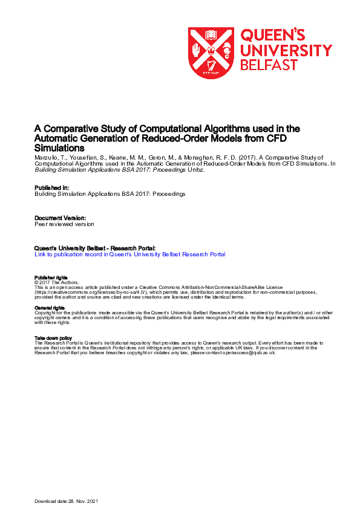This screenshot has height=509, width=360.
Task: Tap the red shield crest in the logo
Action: (x=211, y=53)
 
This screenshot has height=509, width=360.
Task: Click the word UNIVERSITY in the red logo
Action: (x=286, y=50)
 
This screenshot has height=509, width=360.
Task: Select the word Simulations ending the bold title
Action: (x=59, y=148)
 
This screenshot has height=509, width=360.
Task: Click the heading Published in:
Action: (x=52, y=187)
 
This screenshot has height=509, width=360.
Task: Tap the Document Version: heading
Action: (x=60, y=217)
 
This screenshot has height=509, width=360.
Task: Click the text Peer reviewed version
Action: (x=64, y=224)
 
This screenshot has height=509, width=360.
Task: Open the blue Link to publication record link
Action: (x=129, y=254)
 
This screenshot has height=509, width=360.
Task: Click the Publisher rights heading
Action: (x=51, y=277)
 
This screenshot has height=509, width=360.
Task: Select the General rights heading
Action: (x=49, y=308)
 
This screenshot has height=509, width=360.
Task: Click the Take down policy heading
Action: (x=53, y=338)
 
